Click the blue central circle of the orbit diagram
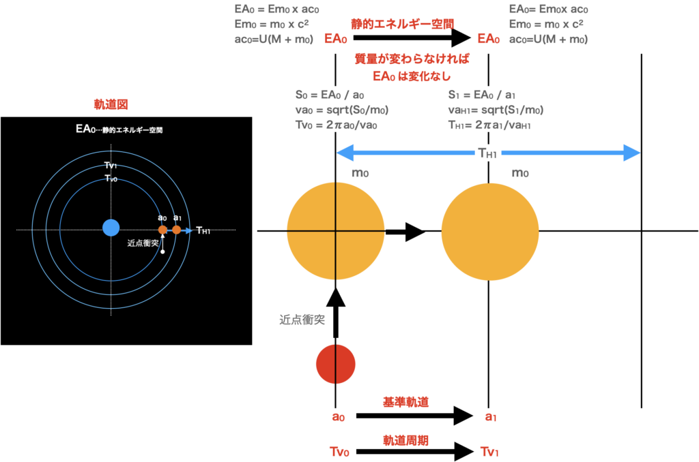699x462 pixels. (x=111, y=228)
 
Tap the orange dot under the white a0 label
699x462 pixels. (x=162, y=230)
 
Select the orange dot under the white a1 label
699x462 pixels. (x=177, y=230)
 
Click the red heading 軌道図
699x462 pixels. (x=111, y=105)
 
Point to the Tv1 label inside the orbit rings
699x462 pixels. (x=111, y=166)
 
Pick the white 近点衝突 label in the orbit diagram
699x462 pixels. (x=143, y=243)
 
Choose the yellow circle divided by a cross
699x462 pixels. (x=334, y=231)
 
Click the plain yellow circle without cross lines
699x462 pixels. (x=490, y=231)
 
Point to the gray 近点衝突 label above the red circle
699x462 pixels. (x=302, y=319)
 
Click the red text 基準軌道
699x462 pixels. (x=405, y=402)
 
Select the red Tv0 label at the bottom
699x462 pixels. (x=339, y=452)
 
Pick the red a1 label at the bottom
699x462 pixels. (x=490, y=416)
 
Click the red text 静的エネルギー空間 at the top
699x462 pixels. (x=402, y=24)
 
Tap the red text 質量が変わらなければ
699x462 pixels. (x=412, y=59)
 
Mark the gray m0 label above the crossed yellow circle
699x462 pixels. (x=360, y=173)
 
